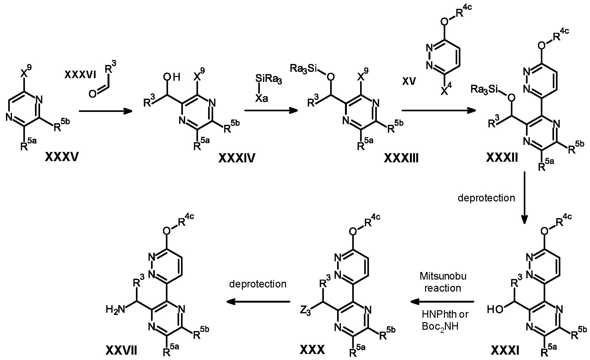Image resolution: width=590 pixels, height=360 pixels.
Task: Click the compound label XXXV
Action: [x=62, y=157]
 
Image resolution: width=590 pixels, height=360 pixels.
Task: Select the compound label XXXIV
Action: [x=237, y=159]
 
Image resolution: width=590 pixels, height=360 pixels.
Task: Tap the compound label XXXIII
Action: [x=401, y=158]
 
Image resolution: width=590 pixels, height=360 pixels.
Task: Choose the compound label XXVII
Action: [x=121, y=350]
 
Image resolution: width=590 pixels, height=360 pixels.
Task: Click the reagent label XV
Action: [x=409, y=82]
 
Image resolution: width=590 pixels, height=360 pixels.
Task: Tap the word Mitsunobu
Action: [x=443, y=276]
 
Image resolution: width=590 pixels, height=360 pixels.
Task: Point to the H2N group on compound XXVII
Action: [x=116, y=310]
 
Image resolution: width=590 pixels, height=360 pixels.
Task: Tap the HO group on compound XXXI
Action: [x=495, y=309]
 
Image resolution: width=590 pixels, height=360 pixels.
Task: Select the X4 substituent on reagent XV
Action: [x=446, y=90]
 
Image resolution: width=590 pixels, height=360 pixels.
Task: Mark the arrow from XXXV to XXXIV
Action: [x=105, y=111]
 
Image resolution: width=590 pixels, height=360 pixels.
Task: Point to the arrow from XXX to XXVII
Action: [x=258, y=302]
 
